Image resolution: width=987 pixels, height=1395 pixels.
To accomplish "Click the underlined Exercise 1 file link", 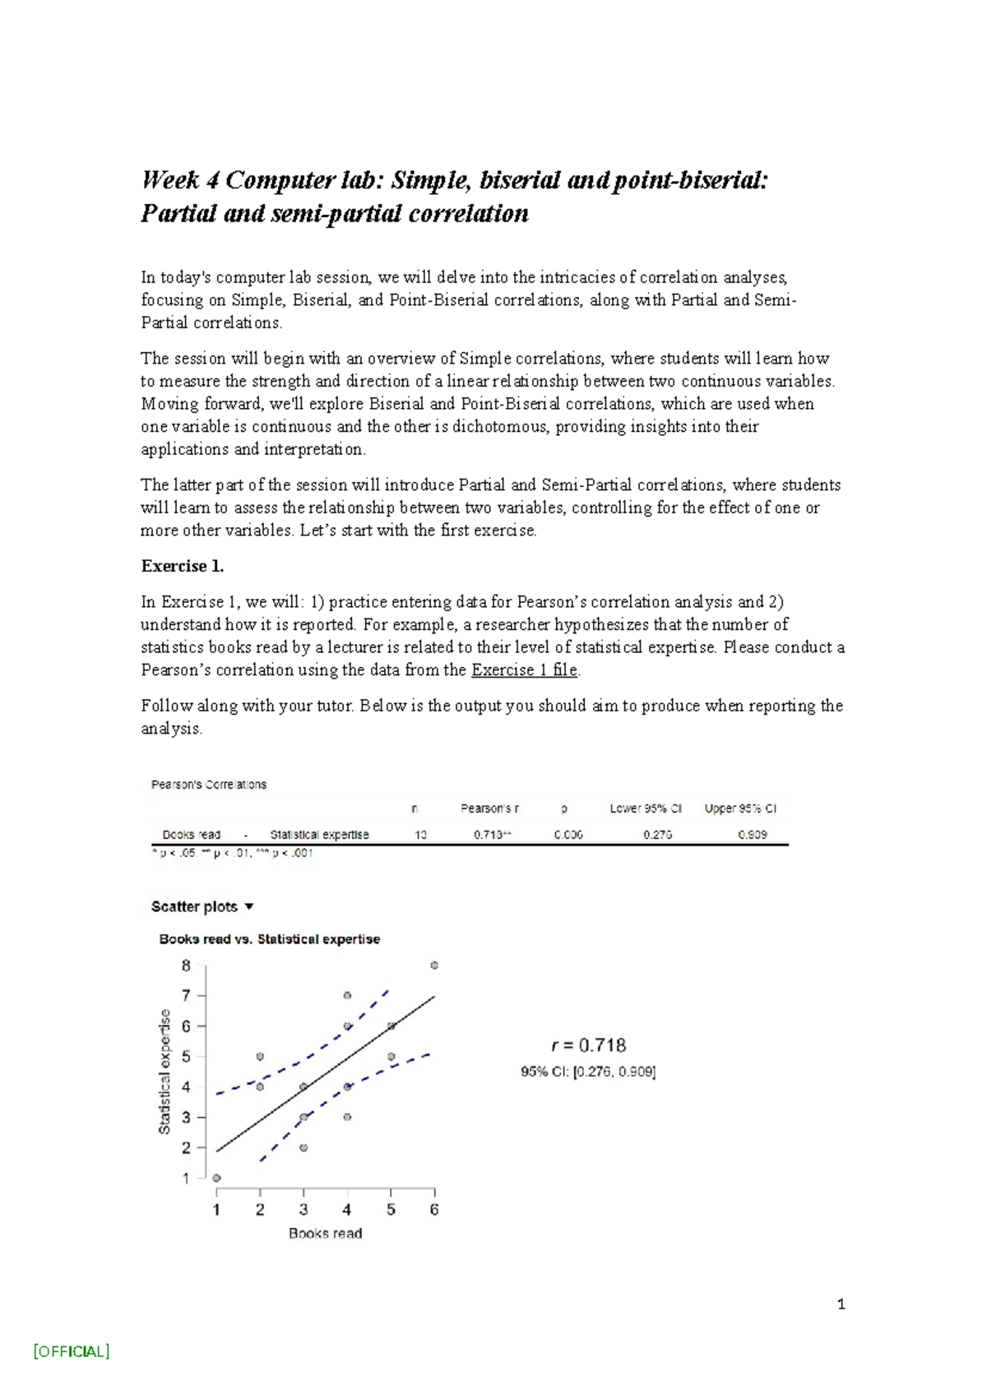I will pos(525,670).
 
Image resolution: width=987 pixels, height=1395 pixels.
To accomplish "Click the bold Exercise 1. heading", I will pos(183,566).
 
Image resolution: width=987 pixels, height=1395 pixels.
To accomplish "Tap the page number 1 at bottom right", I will pos(841,1304).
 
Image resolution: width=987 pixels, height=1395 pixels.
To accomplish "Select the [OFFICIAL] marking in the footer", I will pos(72,1351).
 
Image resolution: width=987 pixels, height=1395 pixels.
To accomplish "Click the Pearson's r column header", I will pos(489,809).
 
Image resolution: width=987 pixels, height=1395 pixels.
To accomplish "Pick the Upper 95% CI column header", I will pos(740,809).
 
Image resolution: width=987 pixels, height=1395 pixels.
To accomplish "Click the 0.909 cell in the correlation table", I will pos(753,834).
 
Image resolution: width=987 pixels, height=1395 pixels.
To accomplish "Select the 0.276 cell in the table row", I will pos(657,834).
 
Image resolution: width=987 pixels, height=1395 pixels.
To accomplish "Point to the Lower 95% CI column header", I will pos(646,809).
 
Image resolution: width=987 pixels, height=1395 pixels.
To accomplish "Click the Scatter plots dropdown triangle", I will pos(249,906).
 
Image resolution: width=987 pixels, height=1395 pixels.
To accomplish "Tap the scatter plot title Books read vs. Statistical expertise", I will pos(269,938).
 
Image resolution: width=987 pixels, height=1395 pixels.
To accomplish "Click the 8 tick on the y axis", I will pos(187,966).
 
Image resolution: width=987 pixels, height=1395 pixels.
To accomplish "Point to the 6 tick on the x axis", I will pos(434,1209).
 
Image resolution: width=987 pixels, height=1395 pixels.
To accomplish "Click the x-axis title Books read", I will pos(325,1233).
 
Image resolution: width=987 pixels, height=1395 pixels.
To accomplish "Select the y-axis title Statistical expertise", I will pos(164,1071).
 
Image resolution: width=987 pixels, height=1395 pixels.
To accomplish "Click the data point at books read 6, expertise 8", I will pos(434,966).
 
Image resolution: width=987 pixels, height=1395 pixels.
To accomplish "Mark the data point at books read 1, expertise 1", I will pos(216,1178).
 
